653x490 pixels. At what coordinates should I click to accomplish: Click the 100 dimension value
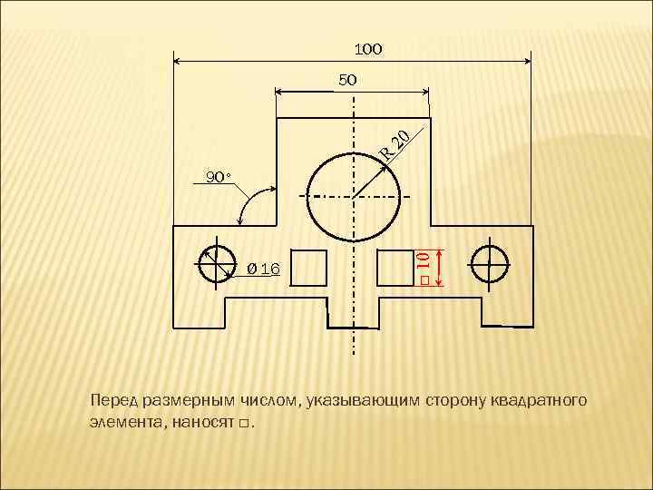coord(367,47)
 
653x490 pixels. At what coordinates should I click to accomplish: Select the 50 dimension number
coord(348,80)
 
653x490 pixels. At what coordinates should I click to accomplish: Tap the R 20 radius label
coord(398,143)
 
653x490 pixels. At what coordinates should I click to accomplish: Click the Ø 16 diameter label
coord(264,269)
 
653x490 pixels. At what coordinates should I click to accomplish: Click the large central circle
coord(355,196)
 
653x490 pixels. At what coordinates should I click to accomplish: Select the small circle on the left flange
coord(216,264)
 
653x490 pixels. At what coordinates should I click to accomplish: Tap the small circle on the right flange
coord(489,264)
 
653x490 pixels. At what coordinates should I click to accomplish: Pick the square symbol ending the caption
coord(243,424)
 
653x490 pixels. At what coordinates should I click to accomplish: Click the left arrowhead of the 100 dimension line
coord(177,62)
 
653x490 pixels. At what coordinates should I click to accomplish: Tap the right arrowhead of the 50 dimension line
coord(424,92)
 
